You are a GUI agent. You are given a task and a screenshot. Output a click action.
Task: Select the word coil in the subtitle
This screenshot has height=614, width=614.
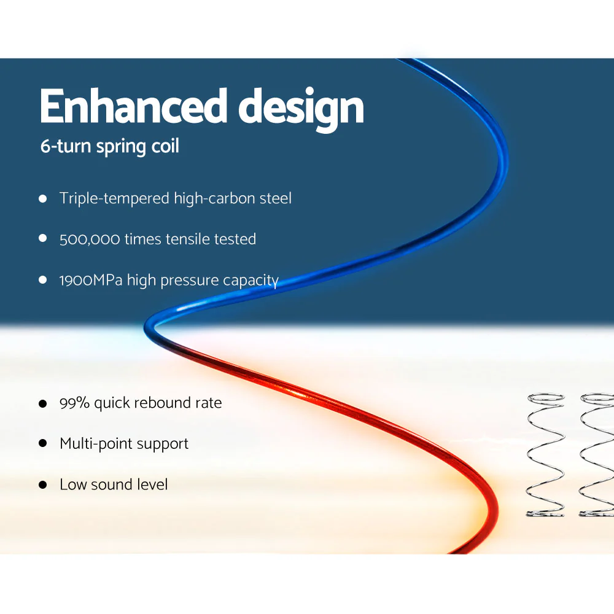point(165,148)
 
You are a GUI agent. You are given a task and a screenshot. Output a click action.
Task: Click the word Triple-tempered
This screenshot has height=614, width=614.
point(115,199)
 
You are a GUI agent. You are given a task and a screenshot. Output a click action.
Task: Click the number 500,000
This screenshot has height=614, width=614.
point(90,239)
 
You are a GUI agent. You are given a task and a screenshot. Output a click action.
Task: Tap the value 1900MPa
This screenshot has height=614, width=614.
point(91,281)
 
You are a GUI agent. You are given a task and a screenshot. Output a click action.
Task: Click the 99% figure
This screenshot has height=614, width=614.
point(74,403)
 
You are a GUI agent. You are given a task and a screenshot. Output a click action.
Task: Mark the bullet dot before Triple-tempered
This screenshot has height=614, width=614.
point(43,199)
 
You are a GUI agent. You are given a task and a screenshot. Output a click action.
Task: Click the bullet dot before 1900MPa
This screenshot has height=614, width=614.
point(43,280)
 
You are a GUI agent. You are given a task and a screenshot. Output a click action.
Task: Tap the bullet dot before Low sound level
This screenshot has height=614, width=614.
point(43,484)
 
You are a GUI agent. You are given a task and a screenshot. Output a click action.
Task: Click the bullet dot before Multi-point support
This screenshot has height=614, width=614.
point(43,443)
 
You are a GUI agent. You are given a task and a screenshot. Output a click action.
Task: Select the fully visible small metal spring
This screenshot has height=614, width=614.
point(546,454)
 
